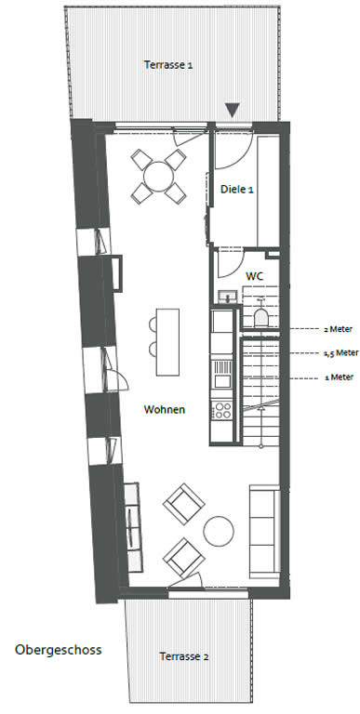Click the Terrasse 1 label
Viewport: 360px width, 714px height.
pos(168,65)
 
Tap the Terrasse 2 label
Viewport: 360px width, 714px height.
pos(184,656)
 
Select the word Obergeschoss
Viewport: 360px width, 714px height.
pos(59,650)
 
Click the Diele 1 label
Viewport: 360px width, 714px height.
pos(237,190)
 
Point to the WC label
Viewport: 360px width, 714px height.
pos(255,276)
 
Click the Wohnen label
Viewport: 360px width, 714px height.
pos(165,409)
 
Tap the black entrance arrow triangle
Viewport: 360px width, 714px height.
pos(233,111)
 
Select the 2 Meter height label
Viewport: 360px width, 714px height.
pos(338,329)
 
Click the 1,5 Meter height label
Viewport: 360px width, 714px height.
pos(340,353)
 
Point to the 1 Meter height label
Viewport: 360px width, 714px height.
pos(339,377)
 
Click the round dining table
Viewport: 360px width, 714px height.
pos(158,177)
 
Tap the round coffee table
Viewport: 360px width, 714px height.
pos(219,531)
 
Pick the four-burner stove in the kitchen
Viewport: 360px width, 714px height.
pos(223,410)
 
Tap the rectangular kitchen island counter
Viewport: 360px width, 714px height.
pos(167,342)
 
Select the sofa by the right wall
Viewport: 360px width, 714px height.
pos(264,532)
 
